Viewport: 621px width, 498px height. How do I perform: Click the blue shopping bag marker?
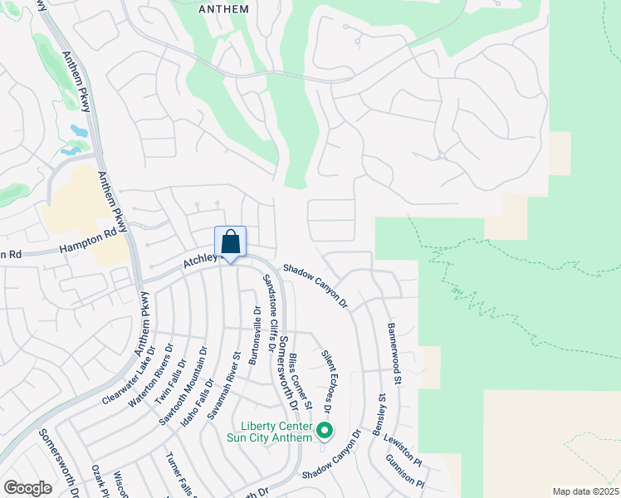click(231, 242)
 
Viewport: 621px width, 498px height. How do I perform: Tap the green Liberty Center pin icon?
click(325, 431)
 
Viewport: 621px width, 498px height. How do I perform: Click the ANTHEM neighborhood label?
click(224, 9)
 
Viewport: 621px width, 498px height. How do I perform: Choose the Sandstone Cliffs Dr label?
click(273, 306)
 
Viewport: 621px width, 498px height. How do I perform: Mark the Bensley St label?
click(379, 415)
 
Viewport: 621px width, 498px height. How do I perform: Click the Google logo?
click(28, 488)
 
